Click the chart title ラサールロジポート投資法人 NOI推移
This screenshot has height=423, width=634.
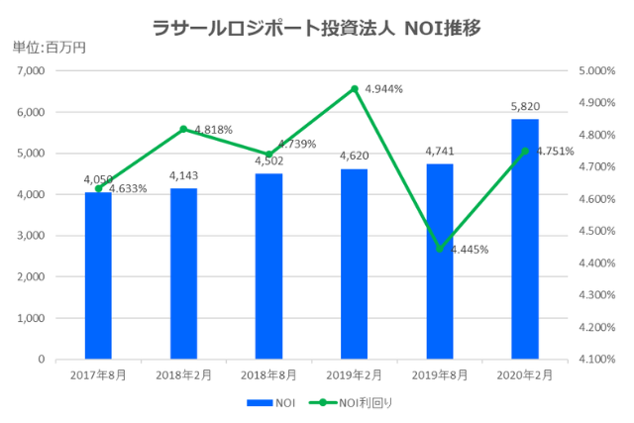tap(317, 28)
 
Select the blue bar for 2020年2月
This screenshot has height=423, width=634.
tap(525, 239)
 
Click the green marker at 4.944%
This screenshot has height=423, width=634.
tap(354, 89)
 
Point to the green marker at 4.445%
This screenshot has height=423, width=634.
tap(439, 249)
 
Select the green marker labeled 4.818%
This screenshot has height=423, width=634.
tap(183, 129)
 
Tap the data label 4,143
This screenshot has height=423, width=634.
tap(183, 177)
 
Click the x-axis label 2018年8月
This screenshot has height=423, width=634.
tap(268, 374)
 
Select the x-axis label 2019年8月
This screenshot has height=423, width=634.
tap(439, 374)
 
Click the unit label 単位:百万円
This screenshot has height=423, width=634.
tap(50, 47)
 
